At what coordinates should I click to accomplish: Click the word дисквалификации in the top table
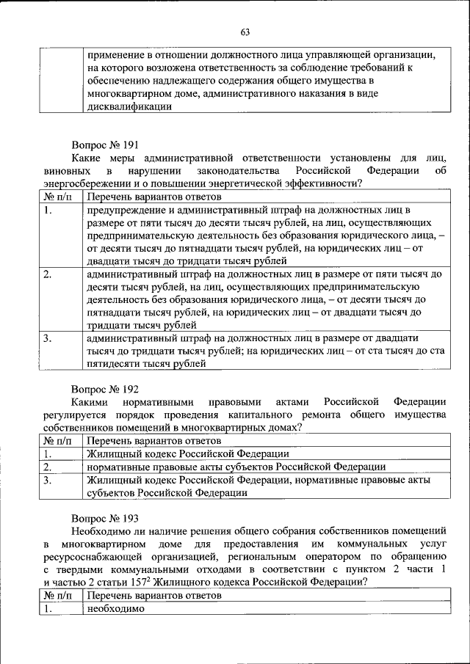click(x=130, y=106)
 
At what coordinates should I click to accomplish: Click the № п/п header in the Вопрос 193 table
click(x=59, y=596)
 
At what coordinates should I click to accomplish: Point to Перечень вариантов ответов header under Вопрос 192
click(x=153, y=441)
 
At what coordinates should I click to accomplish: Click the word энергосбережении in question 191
click(x=85, y=183)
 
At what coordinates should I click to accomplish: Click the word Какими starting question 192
click(x=88, y=402)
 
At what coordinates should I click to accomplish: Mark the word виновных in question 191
click(x=64, y=170)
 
